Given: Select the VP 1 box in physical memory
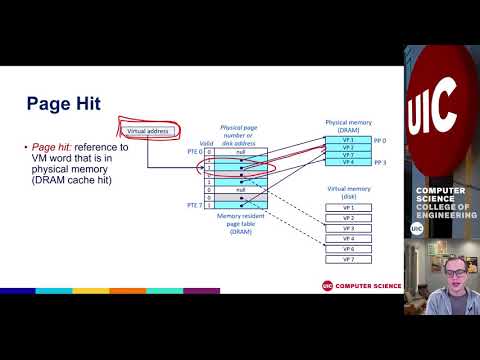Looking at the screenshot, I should (x=347, y=139).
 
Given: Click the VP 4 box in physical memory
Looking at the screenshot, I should (x=347, y=162).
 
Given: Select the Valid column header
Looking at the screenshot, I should (x=208, y=143).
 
